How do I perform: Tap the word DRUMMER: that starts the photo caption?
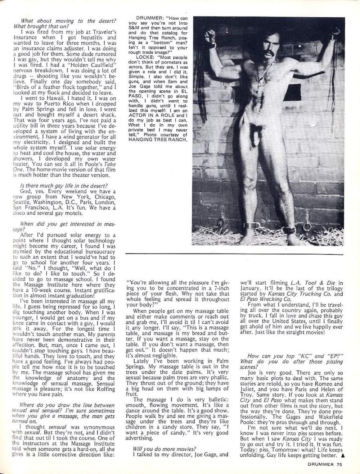pyautogui.click(x=148, y=18)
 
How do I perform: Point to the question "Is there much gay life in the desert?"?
pyautogui.click(x=64, y=186)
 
